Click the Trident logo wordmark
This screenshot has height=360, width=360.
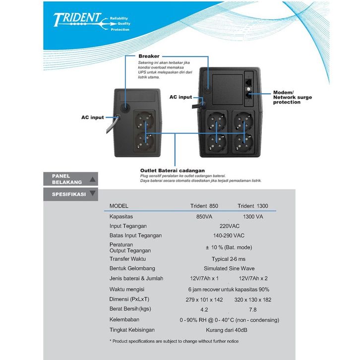[77, 19]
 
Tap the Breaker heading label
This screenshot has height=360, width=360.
[149, 56]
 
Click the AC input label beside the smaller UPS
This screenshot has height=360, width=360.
[93, 118]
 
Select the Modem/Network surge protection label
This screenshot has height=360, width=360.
[292, 97]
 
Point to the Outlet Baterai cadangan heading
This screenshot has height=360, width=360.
[173, 171]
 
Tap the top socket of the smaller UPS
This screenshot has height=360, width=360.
[144, 120]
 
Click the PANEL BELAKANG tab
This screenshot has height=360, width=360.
[71, 179]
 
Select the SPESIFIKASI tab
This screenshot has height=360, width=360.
[71, 194]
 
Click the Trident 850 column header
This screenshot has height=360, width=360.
[204, 206]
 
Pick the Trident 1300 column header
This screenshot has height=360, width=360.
[253, 206]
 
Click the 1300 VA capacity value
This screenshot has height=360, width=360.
[253, 217]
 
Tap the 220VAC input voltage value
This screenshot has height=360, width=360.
[230, 226]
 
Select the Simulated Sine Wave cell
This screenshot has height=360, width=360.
[229, 268]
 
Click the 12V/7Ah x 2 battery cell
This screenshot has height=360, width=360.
[253, 279]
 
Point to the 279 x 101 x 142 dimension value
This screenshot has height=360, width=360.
[204, 300]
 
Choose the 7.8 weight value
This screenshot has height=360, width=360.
[252, 310]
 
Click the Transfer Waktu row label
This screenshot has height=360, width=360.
[127, 259]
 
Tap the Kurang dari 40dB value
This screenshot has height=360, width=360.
[227, 330]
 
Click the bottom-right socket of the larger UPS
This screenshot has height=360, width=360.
[243, 143]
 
